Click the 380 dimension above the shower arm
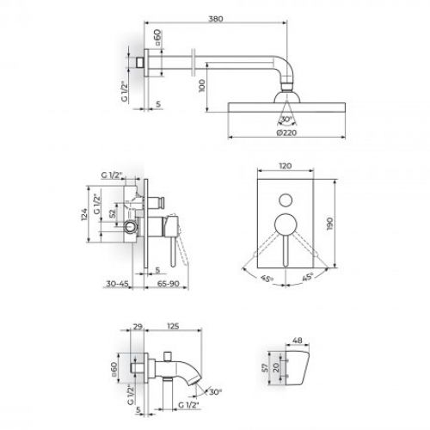[216, 19]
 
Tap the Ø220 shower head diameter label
[286, 132]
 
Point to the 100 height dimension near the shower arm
[202, 86]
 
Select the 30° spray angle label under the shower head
[286, 119]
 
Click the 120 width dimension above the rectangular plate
[286, 166]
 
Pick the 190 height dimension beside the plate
[329, 224]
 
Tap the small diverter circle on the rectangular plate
[286, 200]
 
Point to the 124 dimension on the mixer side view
[84, 214]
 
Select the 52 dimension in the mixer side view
[113, 212]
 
